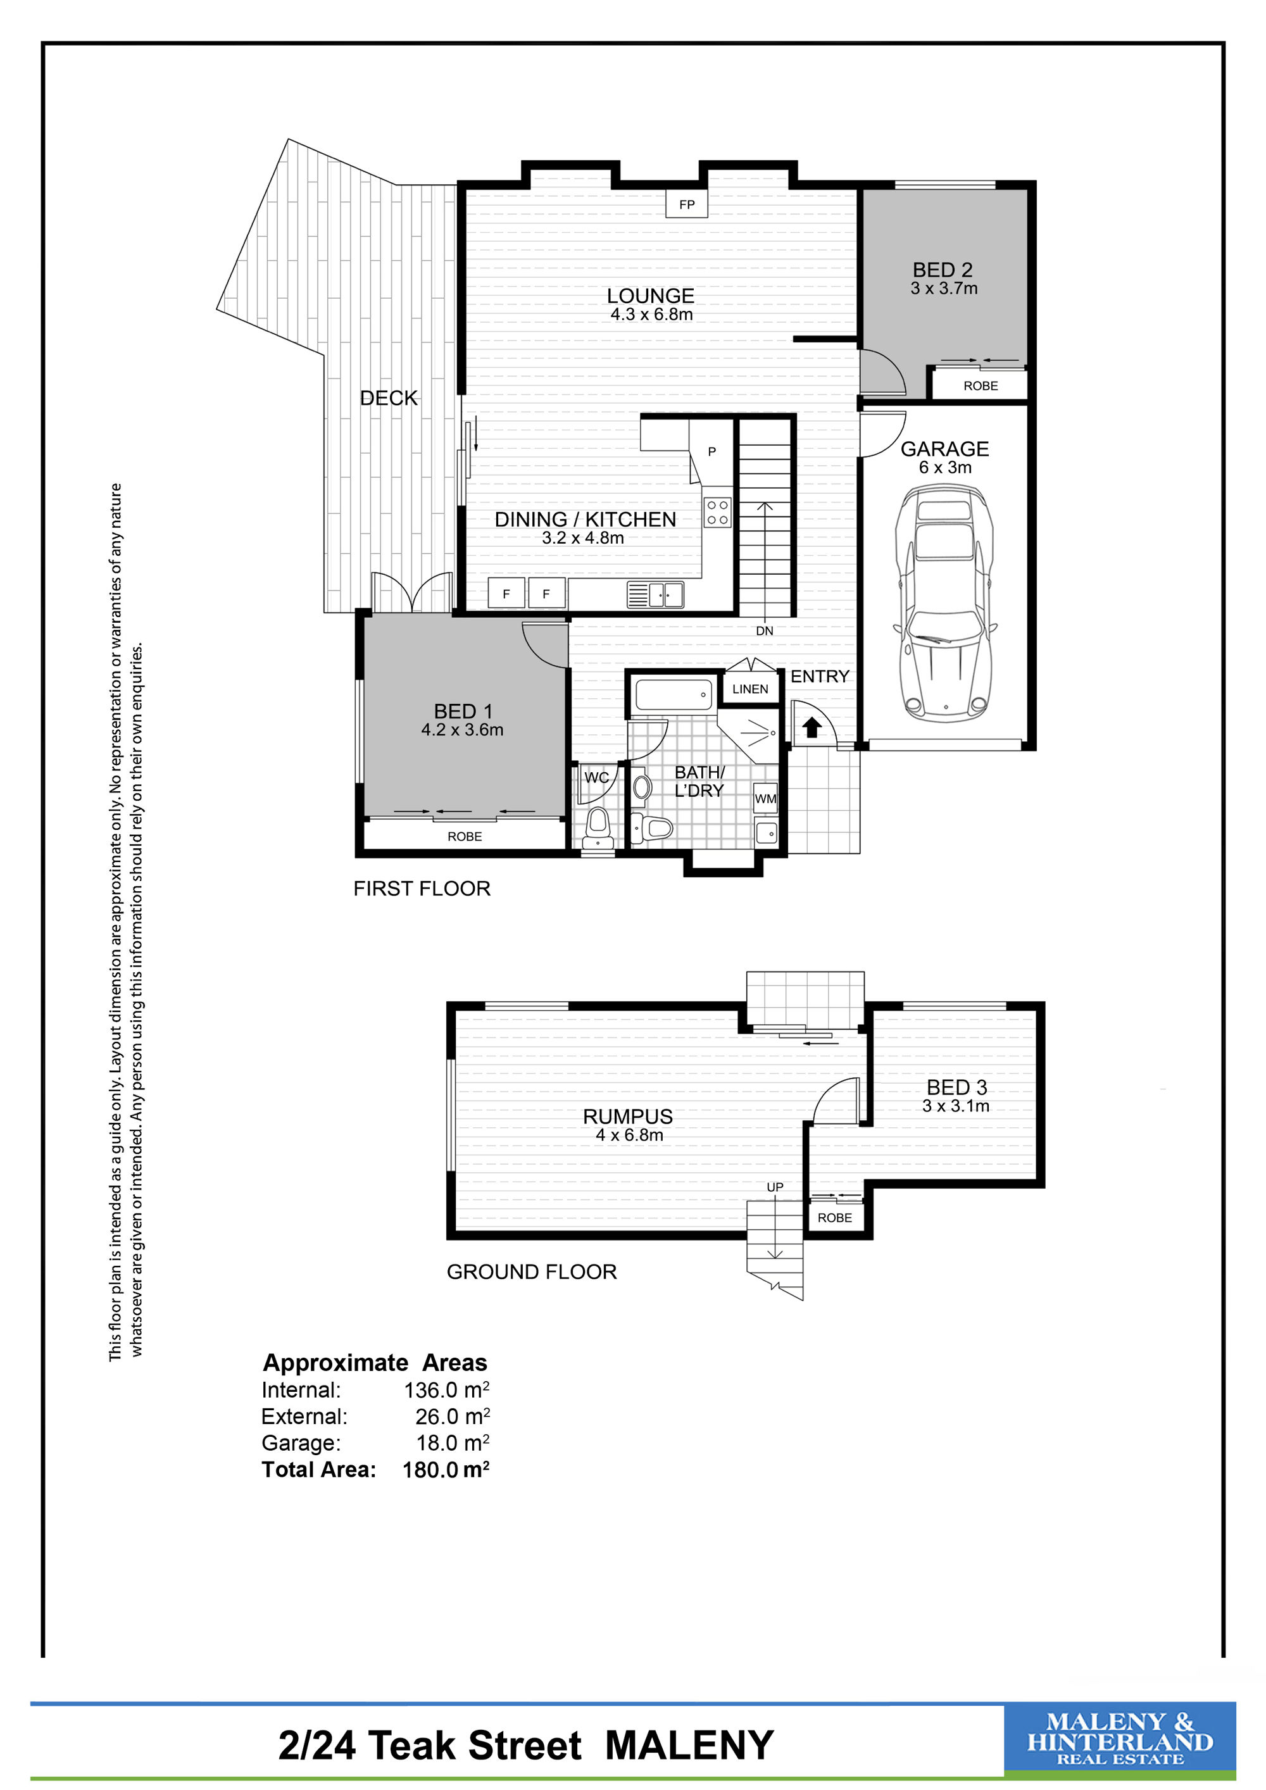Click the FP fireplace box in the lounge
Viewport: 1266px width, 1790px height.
tap(686, 204)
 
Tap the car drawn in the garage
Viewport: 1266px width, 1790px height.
tap(945, 603)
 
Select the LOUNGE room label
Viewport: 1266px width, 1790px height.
tap(650, 296)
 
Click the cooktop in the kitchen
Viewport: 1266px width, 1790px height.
tap(717, 512)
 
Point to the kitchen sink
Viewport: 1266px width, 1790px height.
tap(655, 596)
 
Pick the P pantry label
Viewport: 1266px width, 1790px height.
tap(711, 451)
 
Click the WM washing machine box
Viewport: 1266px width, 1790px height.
tap(765, 798)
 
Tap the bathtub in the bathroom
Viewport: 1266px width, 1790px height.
tap(674, 694)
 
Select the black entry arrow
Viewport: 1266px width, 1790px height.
tap(812, 727)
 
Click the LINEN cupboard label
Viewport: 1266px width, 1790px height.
tap(750, 689)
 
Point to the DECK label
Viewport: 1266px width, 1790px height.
tap(389, 397)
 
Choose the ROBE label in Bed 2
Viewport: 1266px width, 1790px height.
tap(981, 386)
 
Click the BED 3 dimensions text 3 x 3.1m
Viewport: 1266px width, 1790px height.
tap(956, 1106)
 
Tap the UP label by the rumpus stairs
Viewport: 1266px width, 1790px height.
tap(775, 1187)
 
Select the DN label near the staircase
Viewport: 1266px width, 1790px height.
tap(765, 630)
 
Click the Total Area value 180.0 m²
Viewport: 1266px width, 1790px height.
tap(446, 1470)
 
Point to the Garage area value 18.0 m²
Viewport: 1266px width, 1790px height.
tap(452, 1443)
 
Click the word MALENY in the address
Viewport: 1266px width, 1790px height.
tap(689, 1745)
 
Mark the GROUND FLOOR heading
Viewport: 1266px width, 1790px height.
tap(532, 1272)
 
